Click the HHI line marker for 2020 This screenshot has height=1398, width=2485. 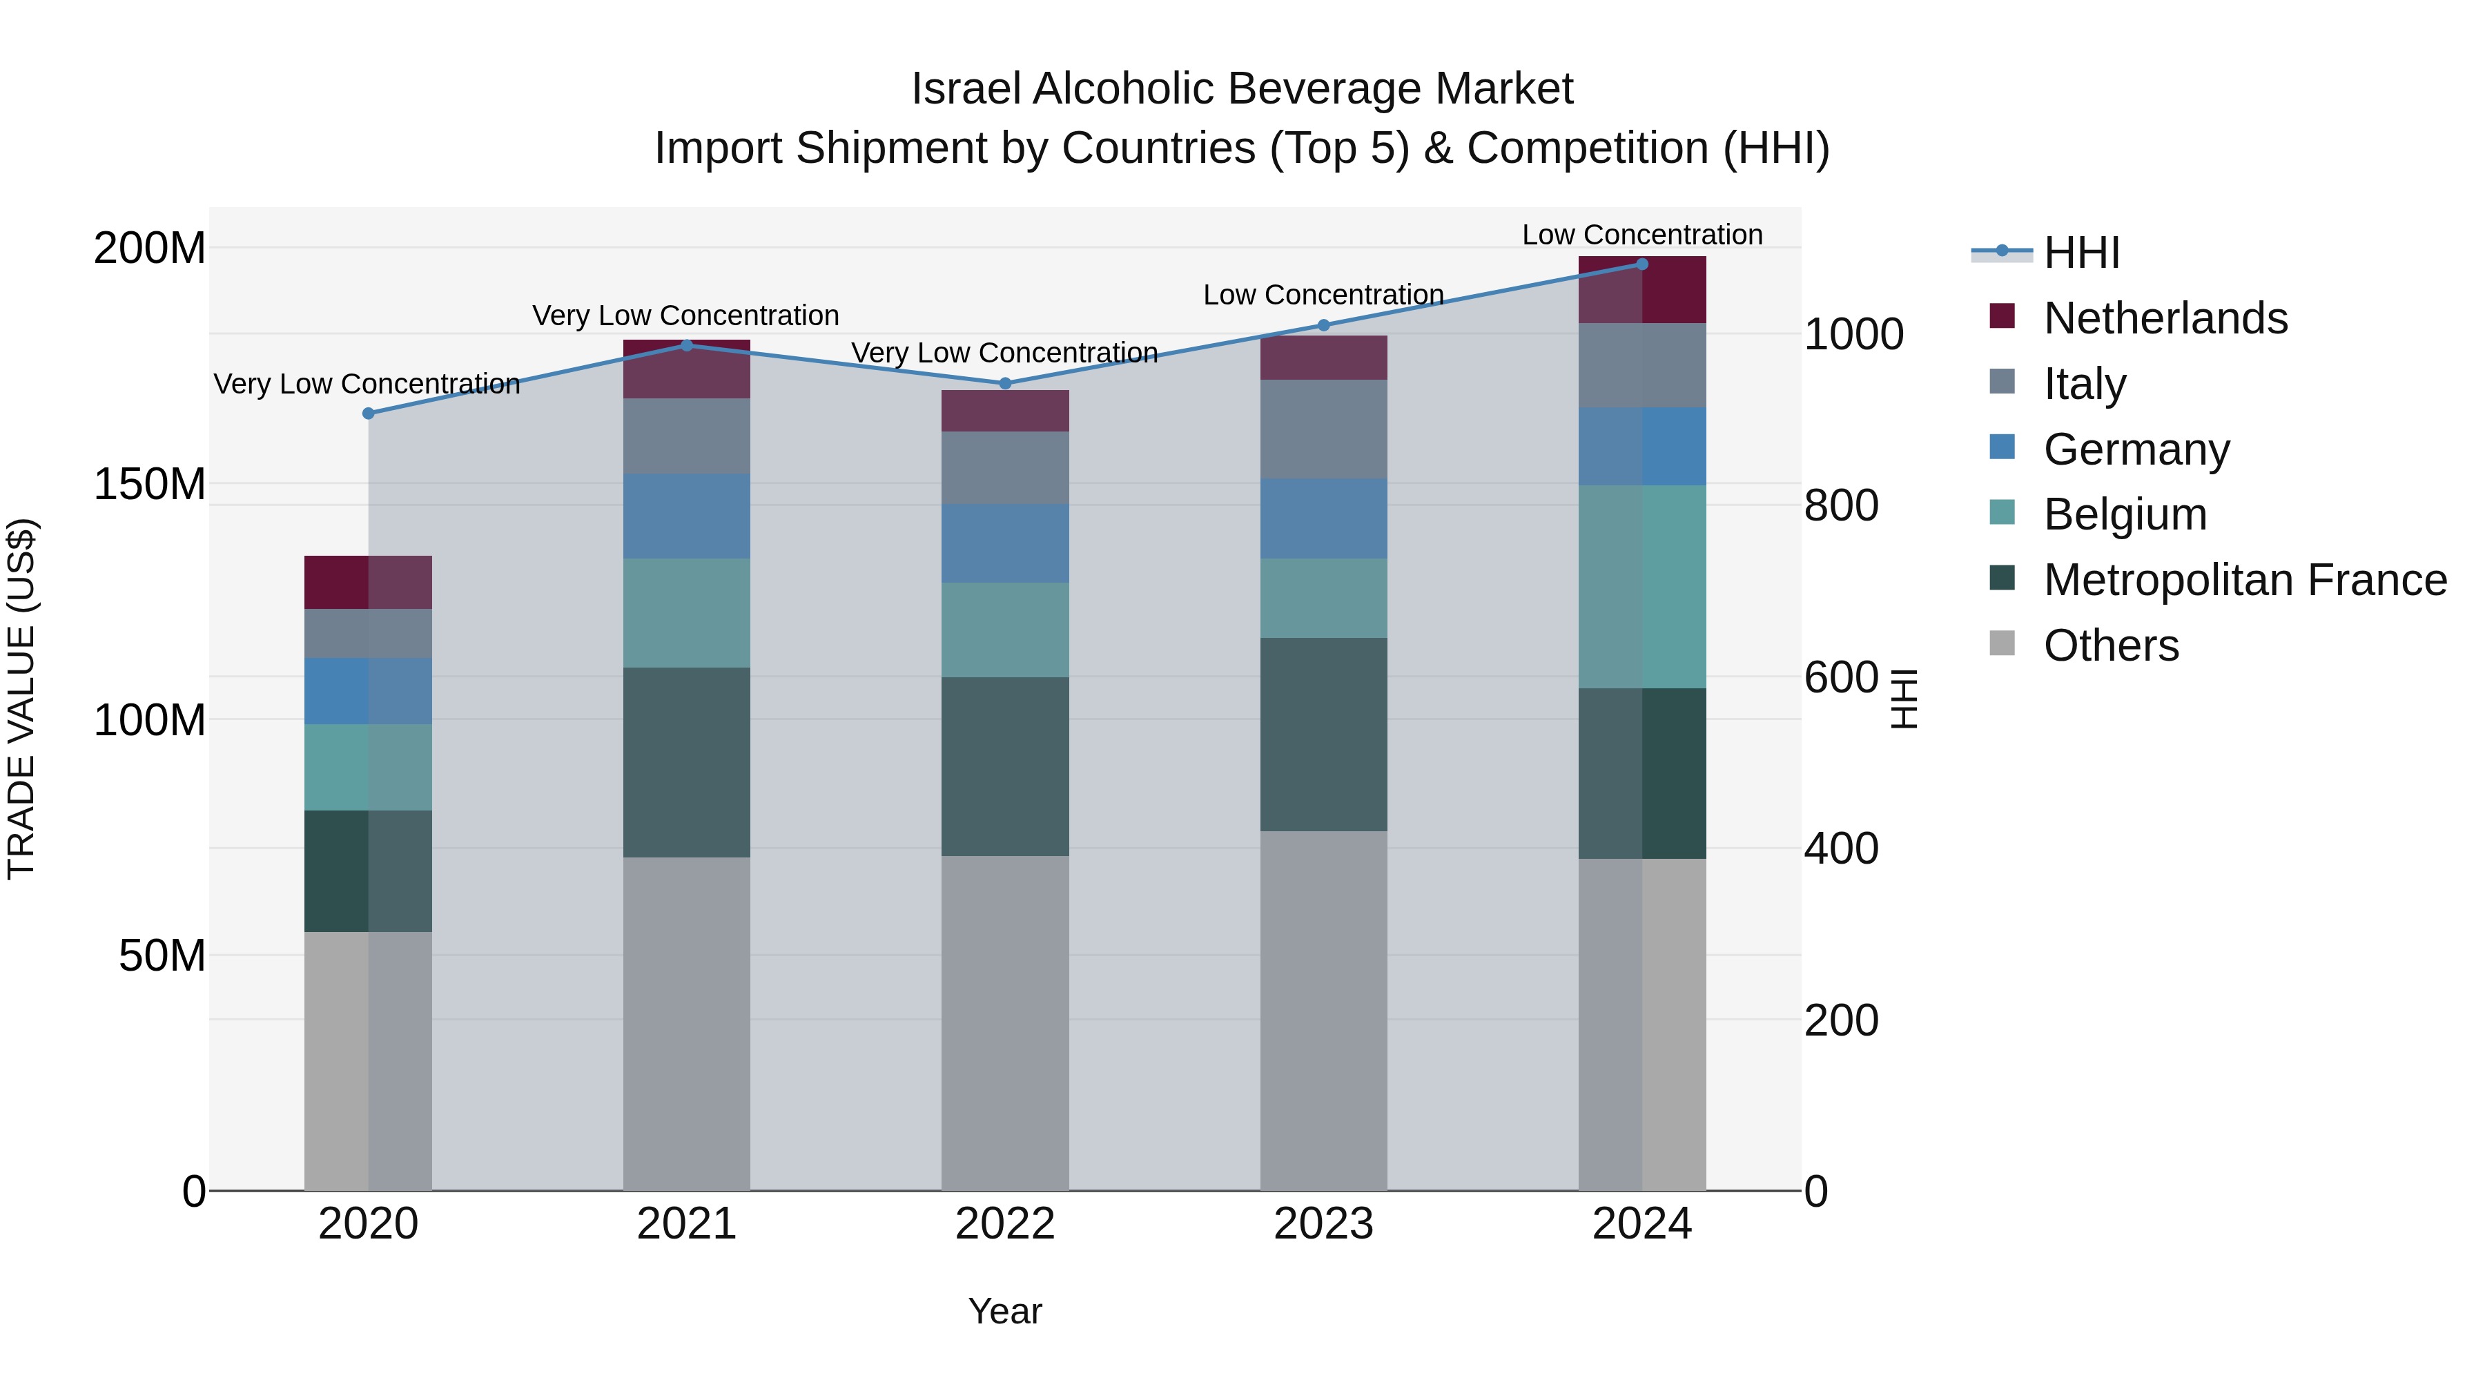(367, 413)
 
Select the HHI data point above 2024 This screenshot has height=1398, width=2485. (1642, 264)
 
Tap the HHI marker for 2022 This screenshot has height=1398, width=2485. (1005, 383)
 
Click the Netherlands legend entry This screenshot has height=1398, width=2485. (2164, 318)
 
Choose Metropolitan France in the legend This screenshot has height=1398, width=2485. (2244, 580)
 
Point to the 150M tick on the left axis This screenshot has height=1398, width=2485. (150, 483)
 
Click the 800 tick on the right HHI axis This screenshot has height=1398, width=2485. (1840, 505)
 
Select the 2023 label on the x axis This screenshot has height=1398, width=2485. (1323, 1223)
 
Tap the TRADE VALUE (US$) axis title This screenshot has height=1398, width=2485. (21, 699)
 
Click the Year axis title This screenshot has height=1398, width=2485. (1004, 1311)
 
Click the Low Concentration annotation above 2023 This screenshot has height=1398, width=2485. (1323, 294)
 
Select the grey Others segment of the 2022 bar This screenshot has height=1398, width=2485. (1005, 1022)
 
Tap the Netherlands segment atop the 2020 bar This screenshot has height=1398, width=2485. (367, 582)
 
